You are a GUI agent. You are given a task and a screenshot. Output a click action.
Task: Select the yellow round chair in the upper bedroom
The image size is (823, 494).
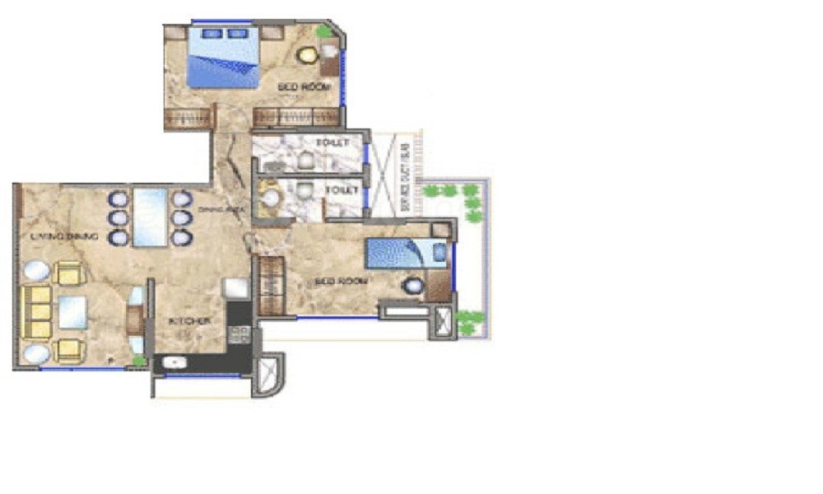tap(308, 56)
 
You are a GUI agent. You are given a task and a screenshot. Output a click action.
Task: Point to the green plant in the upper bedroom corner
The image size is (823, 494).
tap(324, 31)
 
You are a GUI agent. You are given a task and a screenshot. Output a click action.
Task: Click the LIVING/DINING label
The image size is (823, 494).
tap(64, 237)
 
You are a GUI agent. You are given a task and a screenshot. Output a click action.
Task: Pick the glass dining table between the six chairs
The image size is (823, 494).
tap(150, 217)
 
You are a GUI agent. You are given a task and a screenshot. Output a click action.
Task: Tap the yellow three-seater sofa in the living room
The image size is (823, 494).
tap(35, 313)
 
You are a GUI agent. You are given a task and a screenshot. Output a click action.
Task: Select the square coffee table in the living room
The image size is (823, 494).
tap(72, 312)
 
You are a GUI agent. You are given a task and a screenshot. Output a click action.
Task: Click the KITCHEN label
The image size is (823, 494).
tap(189, 320)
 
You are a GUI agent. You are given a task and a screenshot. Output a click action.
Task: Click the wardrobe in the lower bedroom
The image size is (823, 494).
tap(271, 286)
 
